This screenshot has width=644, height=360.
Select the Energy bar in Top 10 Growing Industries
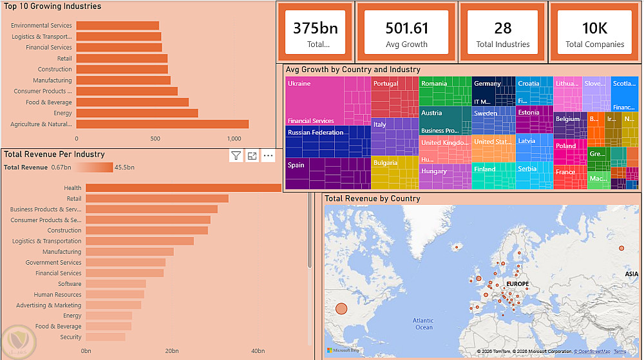tap(137, 113)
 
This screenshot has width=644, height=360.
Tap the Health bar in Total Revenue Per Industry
tap(184, 188)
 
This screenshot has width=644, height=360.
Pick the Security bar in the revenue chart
tap(106, 337)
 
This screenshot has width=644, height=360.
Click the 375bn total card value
tap(315, 28)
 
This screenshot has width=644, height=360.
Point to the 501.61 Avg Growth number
tap(406, 28)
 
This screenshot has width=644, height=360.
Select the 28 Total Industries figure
tap(503, 28)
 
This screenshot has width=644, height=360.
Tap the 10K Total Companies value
tap(594, 28)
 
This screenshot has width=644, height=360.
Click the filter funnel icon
tap(236, 155)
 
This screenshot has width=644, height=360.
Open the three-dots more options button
tap(269, 155)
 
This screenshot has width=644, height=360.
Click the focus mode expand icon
tap(252, 155)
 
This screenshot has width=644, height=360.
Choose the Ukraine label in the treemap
tap(299, 84)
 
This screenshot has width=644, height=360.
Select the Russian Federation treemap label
tap(316, 133)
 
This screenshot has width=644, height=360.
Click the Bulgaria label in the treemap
tap(385, 163)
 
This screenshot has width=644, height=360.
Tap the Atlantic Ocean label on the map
tap(424, 324)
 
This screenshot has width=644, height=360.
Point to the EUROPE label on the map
tap(518, 284)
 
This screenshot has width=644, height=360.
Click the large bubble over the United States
tap(341, 309)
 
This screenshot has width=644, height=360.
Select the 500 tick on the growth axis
tap(155, 138)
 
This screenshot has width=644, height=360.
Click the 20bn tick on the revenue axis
tap(171, 351)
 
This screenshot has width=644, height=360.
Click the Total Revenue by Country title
tap(372, 198)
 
